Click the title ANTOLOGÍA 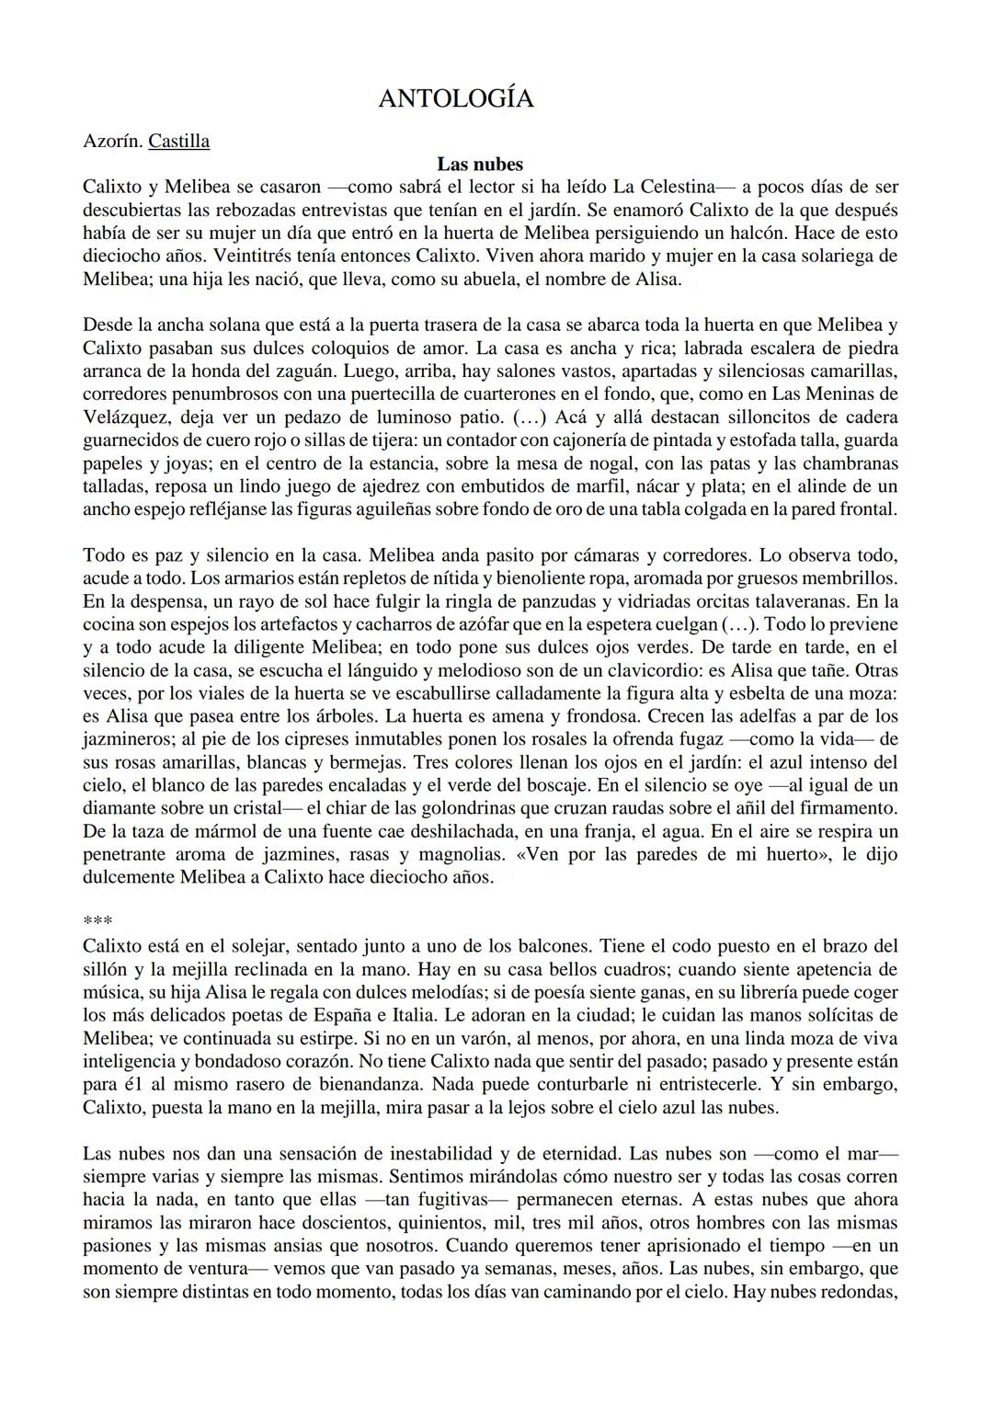click(x=455, y=99)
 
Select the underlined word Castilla click(x=178, y=142)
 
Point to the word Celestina click(x=684, y=188)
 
